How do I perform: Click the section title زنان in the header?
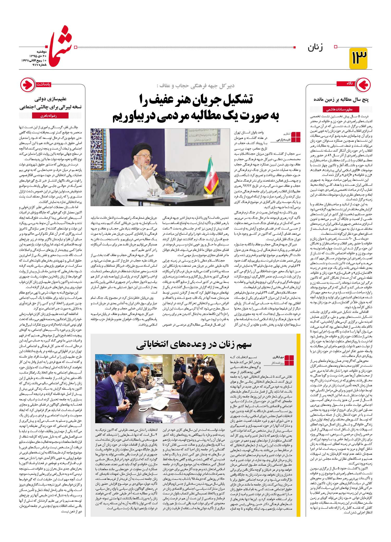tap(315, 48)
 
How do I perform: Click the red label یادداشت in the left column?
tap(43, 84)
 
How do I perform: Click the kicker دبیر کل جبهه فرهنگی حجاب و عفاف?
tap(195, 86)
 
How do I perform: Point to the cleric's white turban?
tap(142, 145)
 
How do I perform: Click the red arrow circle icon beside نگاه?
tap(363, 85)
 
